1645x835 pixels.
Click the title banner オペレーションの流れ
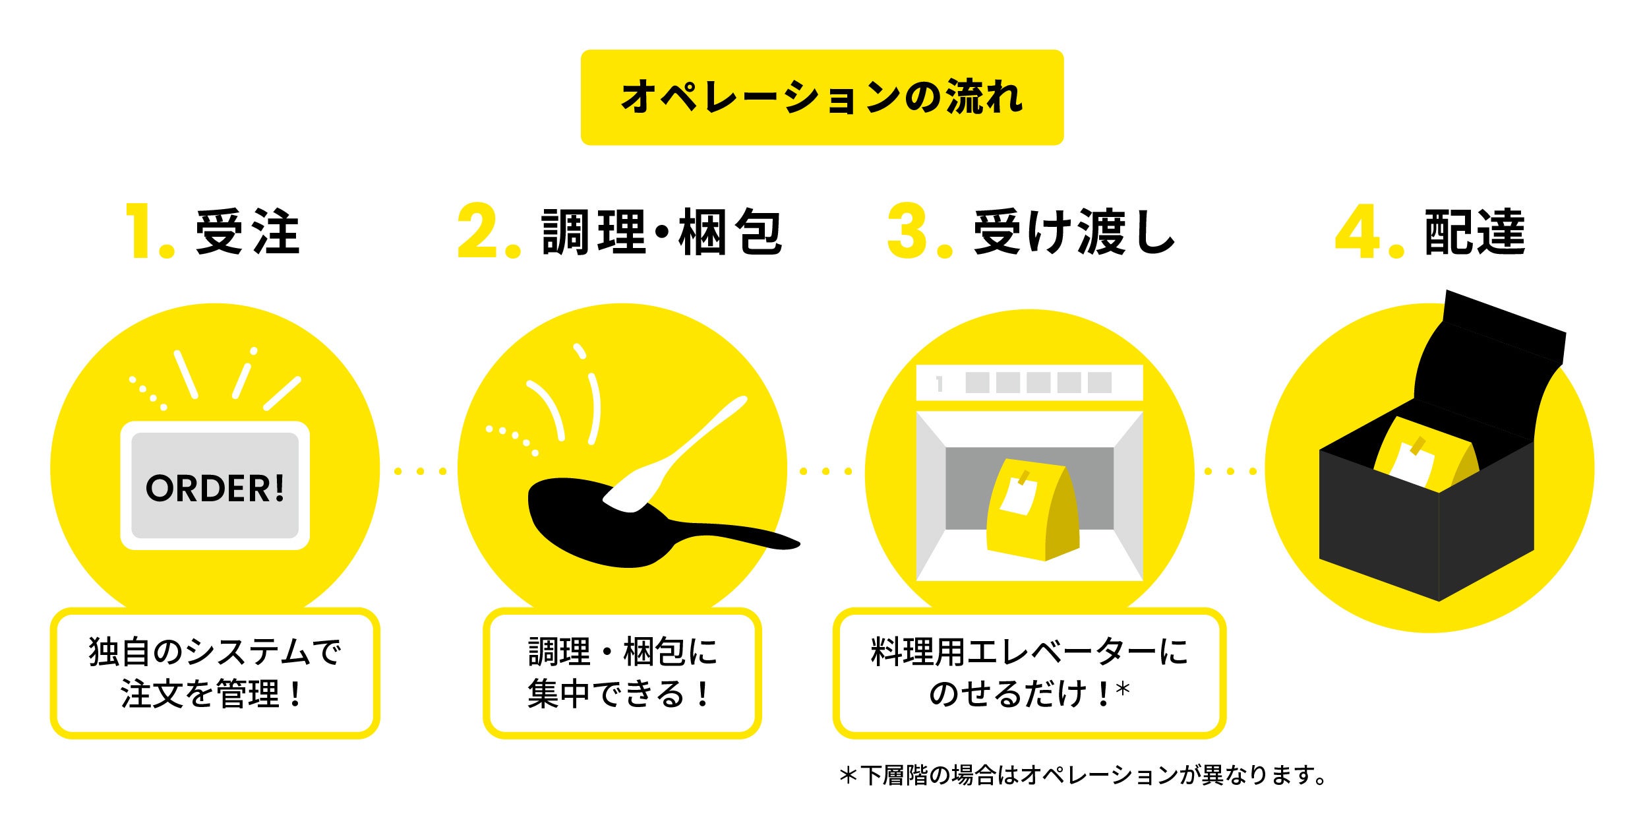pyautogui.click(x=822, y=97)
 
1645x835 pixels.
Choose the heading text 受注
pyautogui.click(x=247, y=232)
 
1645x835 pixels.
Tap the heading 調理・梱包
pyautogui.click(x=661, y=232)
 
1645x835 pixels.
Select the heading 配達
pyautogui.click(x=1474, y=232)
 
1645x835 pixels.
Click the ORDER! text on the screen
pyautogui.click(x=215, y=489)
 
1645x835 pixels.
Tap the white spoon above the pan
pyautogui.click(x=679, y=455)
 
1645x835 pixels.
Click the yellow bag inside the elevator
pyautogui.click(x=1032, y=511)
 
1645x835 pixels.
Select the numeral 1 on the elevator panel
pyautogui.click(x=940, y=384)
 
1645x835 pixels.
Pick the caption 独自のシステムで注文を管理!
pyautogui.click(x=215, y=673)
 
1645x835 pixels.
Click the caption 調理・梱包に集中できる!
pyautogui.click(x=622, y=673)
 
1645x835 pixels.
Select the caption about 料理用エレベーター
pyautogui.click(x=1029, y=673)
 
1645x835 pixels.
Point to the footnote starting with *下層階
pyautogui.click(x=1081, y=776)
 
